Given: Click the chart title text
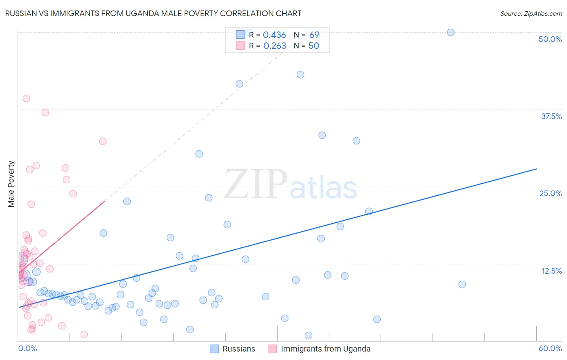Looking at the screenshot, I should (x=153, y=13).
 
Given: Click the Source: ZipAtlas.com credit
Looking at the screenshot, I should (x=531, y=14).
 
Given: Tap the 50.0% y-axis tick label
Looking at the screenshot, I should (x=550, y=39).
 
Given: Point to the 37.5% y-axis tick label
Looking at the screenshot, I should (x=551, y=116).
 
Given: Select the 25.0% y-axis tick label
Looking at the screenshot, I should (x=550, y=193).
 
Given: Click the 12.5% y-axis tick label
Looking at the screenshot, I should (x=551, y=271).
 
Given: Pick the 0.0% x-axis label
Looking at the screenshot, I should (x=27, y=348).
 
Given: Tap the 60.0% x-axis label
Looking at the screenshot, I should (x=550, y=348).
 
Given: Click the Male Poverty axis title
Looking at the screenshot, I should (x=11, y=184).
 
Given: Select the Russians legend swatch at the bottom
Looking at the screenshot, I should (x=215, y=349).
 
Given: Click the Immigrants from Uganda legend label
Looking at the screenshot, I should (x=325, y=349).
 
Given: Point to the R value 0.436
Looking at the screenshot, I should (x=274, y=35).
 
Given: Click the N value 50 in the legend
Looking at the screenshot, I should (x=314, y=46).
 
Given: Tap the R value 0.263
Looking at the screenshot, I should (x=275, y=46).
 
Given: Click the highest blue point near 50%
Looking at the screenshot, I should (x=450, y=32).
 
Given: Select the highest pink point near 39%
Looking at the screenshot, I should (x=26, y=98).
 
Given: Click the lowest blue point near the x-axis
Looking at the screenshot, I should (x=309, y=335).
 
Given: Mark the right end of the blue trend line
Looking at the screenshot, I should (x=536, y=169).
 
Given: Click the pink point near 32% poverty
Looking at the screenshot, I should (x=103, y=141).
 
